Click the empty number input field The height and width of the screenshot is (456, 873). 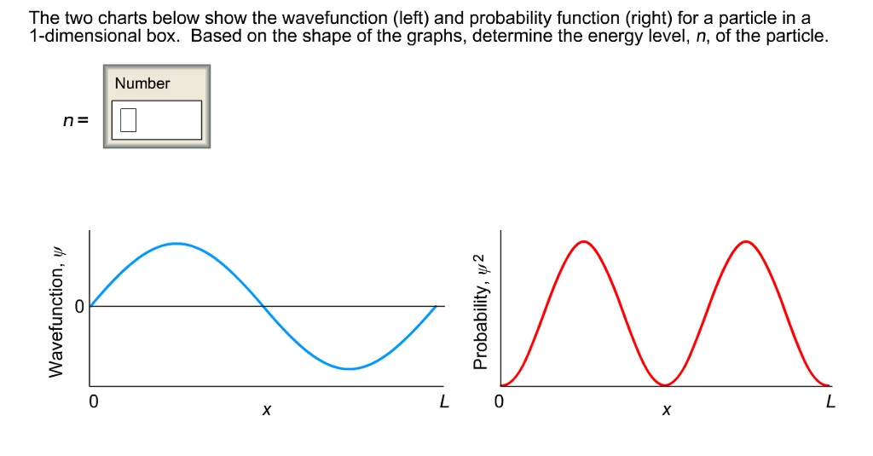click(x=157, y=119)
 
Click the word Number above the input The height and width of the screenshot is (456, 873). click(x=142, y=84)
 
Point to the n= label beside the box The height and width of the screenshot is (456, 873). click(x=75, y=120)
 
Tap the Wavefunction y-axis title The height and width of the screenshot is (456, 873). click(x=55, y=313)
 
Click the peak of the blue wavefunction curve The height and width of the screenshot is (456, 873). click(x=176, y=243)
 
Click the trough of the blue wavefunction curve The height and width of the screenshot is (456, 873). click(x=349, y=368)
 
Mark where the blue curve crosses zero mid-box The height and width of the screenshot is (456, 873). click(x=263, y=306)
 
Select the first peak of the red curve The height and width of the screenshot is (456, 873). click(x=583, y=242)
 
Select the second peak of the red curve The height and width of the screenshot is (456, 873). click(x=746, y=242)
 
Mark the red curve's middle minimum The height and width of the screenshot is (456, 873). click(x=665, y=384)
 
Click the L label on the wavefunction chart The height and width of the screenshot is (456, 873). click(x=443, y=401)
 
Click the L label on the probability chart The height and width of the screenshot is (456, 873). click(x=830, y=401)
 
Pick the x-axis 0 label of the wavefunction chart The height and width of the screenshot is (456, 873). click(x=94, y=401)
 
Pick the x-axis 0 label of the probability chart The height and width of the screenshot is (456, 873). click(x=499, y=401)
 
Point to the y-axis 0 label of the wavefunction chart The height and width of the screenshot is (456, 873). click(x=79, y=307)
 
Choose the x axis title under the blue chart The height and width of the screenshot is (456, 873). click(x=267, y=411)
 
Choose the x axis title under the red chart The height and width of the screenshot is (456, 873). click(x=667, y=411)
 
